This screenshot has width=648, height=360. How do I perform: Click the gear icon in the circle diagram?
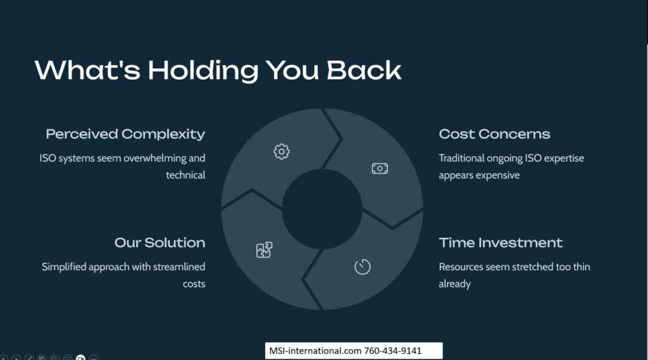tap(282, 152)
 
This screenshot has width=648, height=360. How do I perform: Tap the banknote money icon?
tap(380, 169)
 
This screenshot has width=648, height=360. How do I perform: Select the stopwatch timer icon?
tap(363, 266)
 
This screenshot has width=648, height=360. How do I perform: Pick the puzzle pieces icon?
tap(264, 250)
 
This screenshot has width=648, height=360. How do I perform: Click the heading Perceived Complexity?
tap(126, 134)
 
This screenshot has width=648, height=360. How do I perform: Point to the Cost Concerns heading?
tap(494, 134)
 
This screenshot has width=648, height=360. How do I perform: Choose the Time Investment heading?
tap(501, 242)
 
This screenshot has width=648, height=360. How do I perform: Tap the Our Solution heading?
tap(160, 242)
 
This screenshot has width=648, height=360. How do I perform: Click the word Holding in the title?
tap(203, 71)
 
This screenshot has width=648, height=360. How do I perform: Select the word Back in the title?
tap(364, 70)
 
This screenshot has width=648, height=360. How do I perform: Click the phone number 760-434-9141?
tap(392, 351)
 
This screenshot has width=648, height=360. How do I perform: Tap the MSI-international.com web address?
tap(315, 351)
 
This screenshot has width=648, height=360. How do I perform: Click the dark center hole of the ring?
tap(322, 209)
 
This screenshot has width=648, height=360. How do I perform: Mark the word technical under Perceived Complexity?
tap(185, 175)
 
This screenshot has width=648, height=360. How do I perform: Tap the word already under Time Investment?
tap(454, 284)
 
